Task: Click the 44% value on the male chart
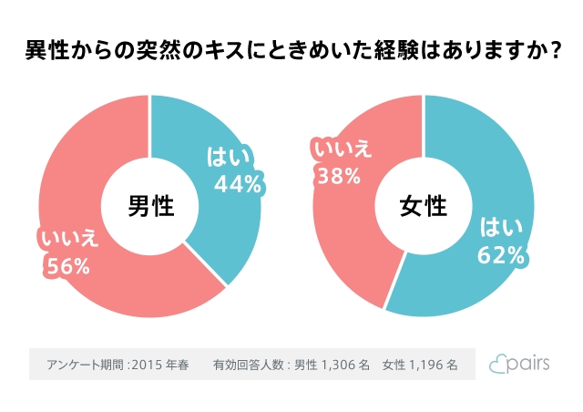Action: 238,182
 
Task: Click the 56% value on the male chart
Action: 67,266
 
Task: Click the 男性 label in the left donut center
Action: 150,206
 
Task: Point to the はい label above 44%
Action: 230,155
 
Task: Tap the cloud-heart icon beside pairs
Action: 497,365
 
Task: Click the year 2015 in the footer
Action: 147,365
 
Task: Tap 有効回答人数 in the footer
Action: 249,365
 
